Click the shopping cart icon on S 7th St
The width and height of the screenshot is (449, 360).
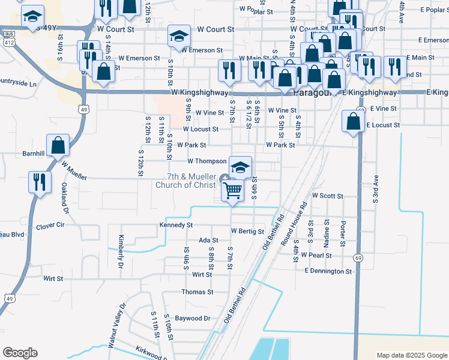[x=232, y=191]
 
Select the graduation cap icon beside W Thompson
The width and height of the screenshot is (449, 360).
[x=240, y=168]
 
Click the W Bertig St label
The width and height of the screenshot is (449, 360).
[x=247, y=231]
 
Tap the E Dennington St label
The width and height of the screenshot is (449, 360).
[x=328, y=271]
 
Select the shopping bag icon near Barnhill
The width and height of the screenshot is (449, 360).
[x=58, y=145]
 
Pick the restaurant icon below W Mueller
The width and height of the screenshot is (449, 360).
[x=40, y=182]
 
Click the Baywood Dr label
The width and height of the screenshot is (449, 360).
[x=192, y=319]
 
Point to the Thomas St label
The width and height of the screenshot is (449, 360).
[x=197, y=292]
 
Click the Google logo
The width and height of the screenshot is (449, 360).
[x=20, y=353]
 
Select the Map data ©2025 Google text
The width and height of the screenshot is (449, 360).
[x=411, y=355]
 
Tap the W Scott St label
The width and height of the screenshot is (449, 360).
[x=327, y=196]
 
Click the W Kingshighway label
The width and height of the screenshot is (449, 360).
[x=199, y=93]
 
